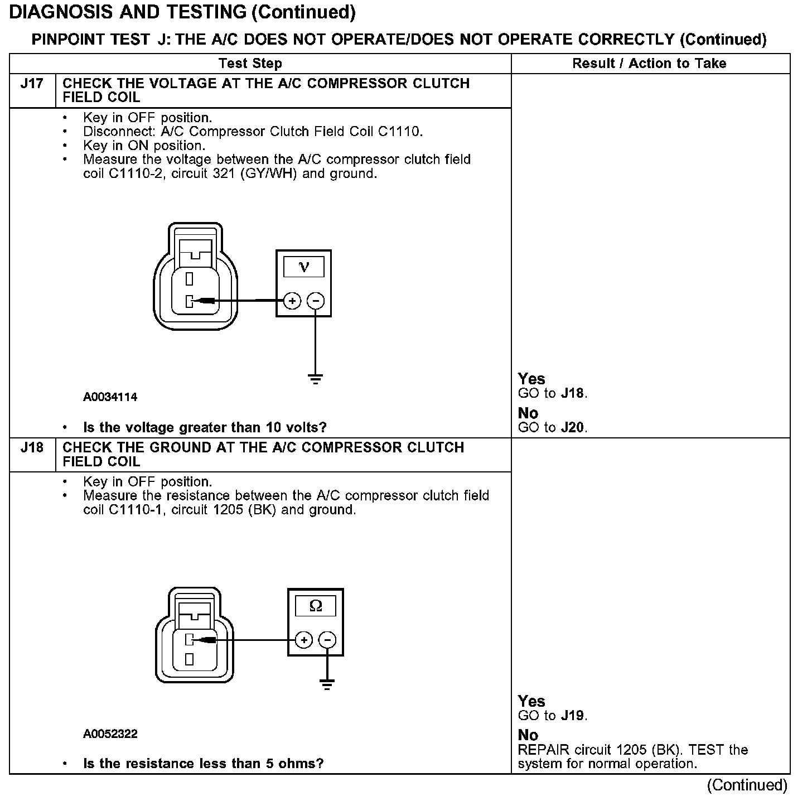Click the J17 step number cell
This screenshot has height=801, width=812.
[x=32, y=84]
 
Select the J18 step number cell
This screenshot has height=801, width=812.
[x=32, y=448]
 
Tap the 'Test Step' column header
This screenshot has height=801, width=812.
[x=250, y=64]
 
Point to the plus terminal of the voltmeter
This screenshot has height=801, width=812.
[x=292, y=301]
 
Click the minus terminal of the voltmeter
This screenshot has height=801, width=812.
[x=316, y=301]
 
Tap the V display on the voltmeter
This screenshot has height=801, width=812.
[x=304, y=267]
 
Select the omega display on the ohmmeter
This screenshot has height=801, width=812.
[x=316, y=606]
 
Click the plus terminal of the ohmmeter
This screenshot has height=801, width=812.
[x=303, y=640]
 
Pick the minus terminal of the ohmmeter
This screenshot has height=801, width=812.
[x=327, y=640]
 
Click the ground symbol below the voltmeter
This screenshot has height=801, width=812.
[x=316, y=379]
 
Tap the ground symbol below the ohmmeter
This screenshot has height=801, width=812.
[x=327, y=684]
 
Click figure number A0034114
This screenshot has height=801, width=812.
[x=110, y=397]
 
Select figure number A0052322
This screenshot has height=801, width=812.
[x=110, y=734]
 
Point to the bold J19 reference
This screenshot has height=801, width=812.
[x=573, y=716]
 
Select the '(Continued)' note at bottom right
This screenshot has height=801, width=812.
[x=747, y=785]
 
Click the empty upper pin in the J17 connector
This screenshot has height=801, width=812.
[x=190, y=277]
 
